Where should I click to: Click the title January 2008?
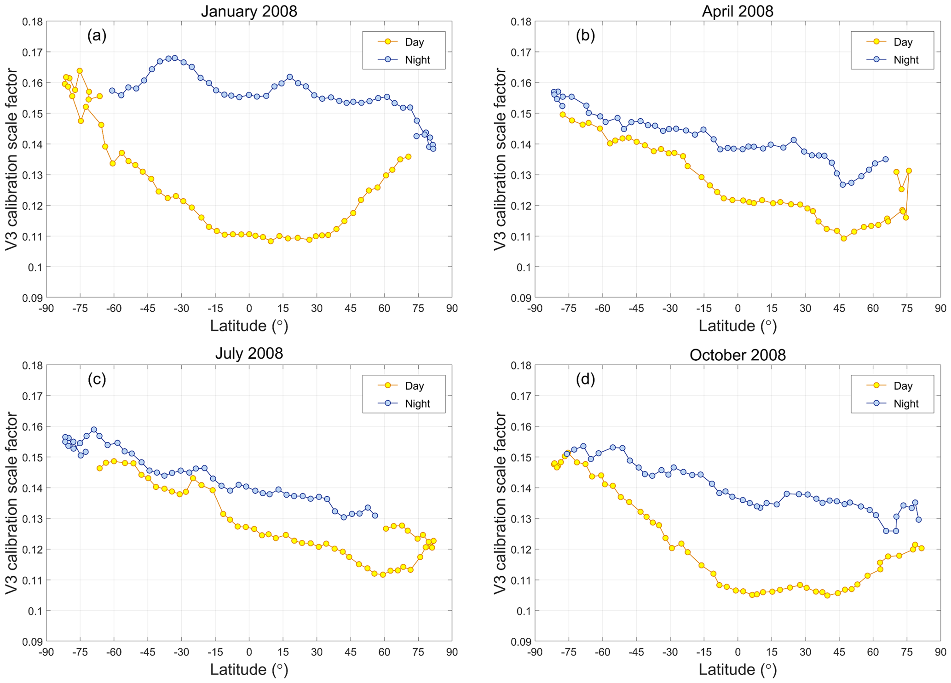[249, 11]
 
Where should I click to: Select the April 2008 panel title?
[738, 11]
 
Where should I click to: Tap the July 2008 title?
[249, 353]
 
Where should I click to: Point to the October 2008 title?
[738, 355]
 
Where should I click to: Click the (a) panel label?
[97, 35]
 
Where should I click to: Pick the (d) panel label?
[585, 379]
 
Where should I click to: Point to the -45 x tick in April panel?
[636, 309]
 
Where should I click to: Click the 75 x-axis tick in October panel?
[907, 652]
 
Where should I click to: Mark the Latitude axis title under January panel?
[249, 326]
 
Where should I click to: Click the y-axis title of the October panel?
[500, 503]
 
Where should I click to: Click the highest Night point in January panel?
[175, 58]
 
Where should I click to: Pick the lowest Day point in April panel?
[844, 238]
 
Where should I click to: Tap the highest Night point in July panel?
[94, 430]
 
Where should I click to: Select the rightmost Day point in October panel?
[921, 548]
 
